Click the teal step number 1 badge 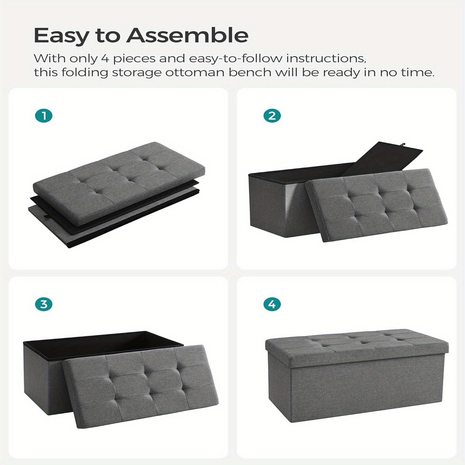click(x=44, y=116)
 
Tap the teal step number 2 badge click(x=272, y=116)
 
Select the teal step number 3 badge click(x=44, y=304)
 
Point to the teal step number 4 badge click(x=272, y=304)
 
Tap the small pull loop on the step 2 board click(x=403, y=144)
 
